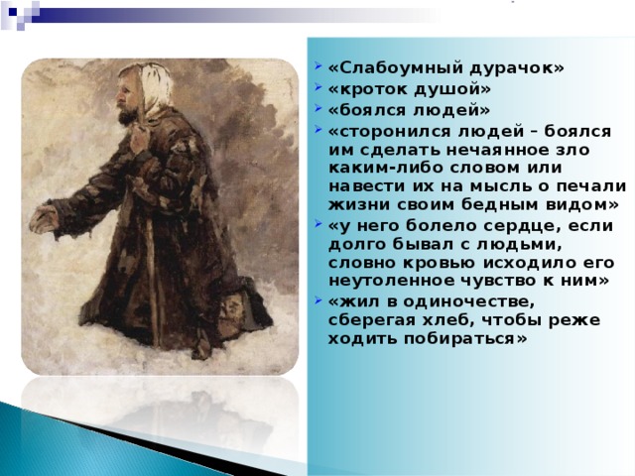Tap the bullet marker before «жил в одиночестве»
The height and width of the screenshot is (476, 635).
[316, 300]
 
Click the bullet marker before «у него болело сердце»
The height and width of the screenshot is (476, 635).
[316, 225]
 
